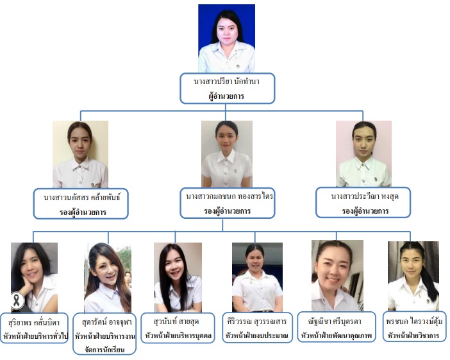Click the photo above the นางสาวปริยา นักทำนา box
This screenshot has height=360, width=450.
point(226,38)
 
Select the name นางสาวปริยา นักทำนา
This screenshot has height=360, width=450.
point(227,83)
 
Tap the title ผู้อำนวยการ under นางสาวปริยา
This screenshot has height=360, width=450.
point(227,96)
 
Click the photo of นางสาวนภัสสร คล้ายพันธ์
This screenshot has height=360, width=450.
point(80,154)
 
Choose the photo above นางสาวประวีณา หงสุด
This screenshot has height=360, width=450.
point(363,153)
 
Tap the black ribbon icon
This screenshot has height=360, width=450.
point(18,299)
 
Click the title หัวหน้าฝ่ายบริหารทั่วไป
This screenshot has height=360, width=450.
point(35,334)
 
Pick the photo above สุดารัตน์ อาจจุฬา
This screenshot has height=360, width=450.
point(107,277)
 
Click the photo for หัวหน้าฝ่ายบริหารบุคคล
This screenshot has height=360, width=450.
point(178,277)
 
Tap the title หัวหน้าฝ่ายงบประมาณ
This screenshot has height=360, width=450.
point(257,334)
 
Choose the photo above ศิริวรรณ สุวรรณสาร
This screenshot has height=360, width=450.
point(257,277)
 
